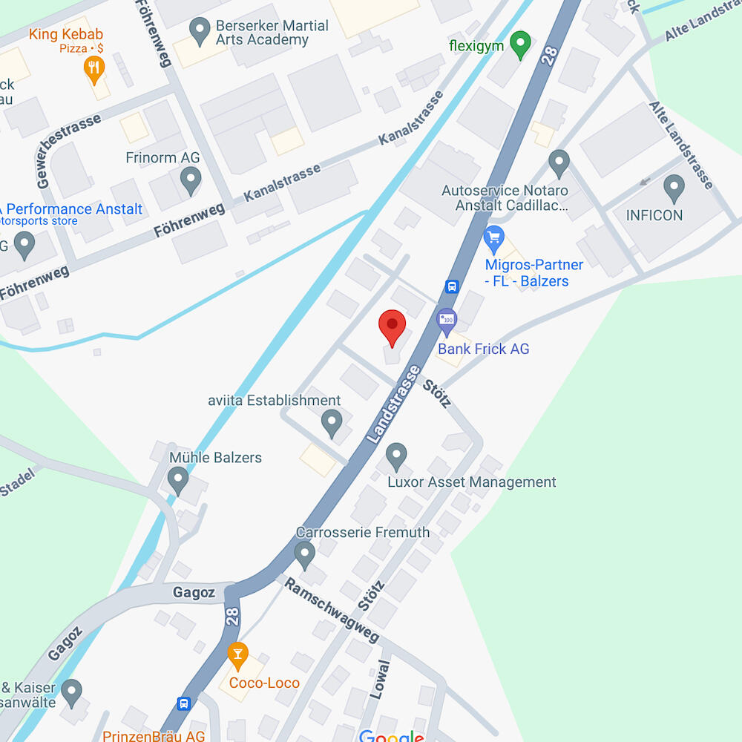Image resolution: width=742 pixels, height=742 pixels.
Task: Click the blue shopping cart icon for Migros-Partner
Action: [493, 239]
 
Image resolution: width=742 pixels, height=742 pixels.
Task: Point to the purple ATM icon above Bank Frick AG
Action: [446, 319]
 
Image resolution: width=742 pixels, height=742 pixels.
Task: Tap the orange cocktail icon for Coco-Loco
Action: [237, 654]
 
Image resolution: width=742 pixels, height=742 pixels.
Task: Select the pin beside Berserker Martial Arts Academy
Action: [199, 30]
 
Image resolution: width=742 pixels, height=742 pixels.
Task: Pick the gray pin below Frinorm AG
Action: [191, 180]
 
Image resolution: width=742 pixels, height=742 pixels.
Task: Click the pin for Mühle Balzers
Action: [177, 479]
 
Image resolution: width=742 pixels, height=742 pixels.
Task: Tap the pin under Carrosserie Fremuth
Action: [304, 553]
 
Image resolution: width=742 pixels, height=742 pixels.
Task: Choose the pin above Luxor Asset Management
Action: [397, 456]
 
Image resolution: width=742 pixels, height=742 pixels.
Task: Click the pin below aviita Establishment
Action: [332, 424]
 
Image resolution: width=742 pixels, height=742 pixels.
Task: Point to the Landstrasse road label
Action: [393, 405]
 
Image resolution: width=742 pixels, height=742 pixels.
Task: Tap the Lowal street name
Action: [379, 678]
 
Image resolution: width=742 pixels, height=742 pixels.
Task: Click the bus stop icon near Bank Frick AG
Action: [451, 286]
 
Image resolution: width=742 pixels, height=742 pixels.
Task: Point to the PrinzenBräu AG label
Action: [154, 736]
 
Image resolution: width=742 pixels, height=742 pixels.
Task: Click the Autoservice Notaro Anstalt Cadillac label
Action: [505, 197]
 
